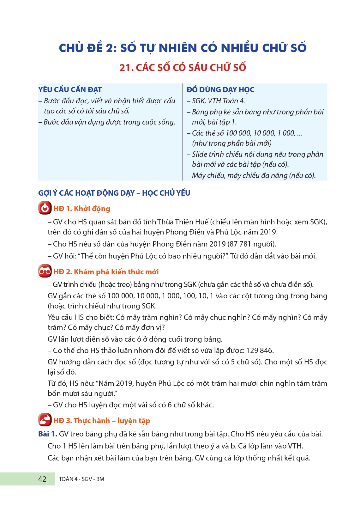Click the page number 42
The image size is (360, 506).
[42, 479]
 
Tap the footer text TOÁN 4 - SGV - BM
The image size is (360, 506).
[81, 479]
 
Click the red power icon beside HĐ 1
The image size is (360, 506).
[45, 208]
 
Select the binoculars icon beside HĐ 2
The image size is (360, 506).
[45, 271]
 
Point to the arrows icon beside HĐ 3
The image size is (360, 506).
[45, 420]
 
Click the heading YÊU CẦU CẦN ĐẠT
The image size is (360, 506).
[70, 90]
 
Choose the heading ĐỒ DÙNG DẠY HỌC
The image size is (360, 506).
[220, 90]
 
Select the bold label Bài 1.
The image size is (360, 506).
[48, 434]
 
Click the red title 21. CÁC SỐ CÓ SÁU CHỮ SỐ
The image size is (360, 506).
[183, 68]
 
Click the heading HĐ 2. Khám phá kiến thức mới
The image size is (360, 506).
[106, 272]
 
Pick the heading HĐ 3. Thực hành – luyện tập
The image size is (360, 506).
[102, 421]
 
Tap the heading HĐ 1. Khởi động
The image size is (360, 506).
[82, 209]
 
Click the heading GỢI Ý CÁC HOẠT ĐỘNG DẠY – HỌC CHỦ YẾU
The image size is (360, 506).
[114, 193]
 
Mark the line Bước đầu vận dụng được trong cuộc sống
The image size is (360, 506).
[109, 122]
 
